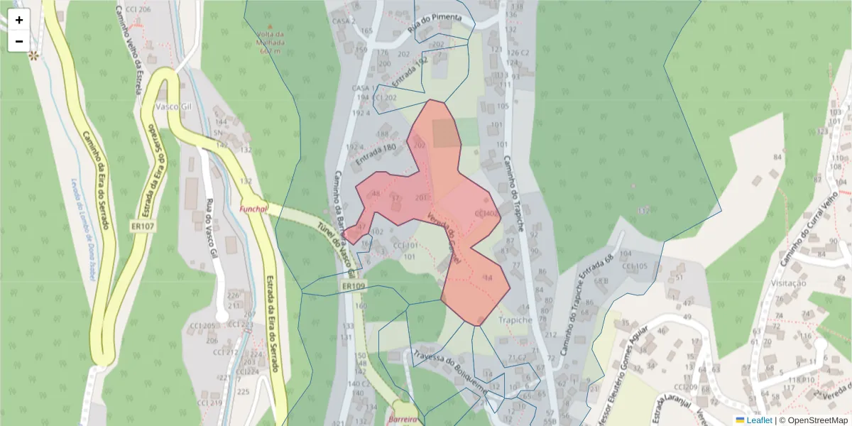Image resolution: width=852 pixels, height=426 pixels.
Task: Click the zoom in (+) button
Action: (19, 20)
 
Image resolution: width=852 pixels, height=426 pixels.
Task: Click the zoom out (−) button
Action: (19, 41)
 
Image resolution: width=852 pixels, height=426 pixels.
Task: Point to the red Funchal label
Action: (253, 209)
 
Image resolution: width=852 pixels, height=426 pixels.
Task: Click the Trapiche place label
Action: (515, 320)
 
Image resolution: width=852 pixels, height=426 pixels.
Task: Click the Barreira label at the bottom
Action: (402, 419)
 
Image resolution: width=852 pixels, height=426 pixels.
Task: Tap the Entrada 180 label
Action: (375, 155)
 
